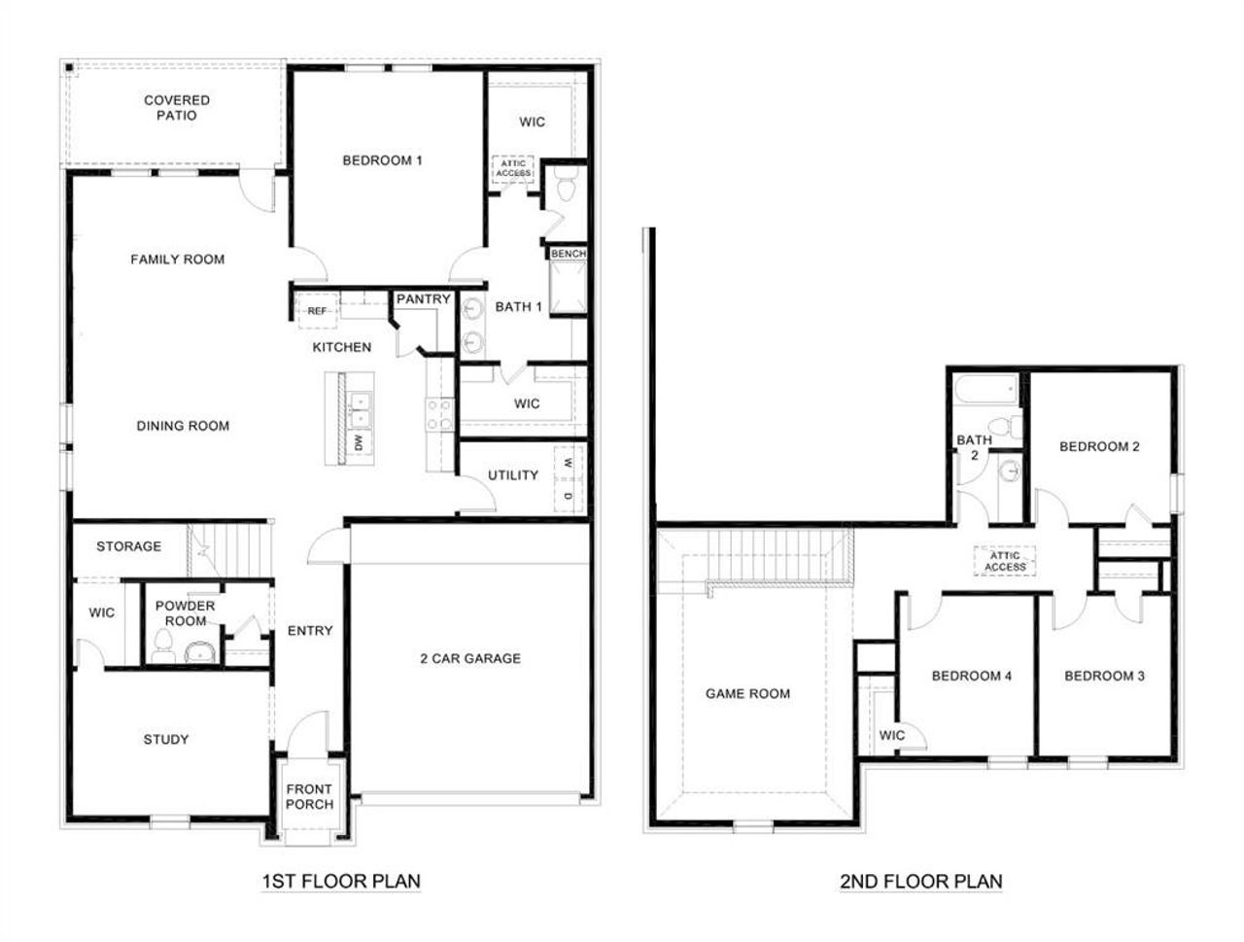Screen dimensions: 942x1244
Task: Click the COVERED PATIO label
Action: click(177, 108)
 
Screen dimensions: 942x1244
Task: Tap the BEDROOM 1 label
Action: click(382, 160)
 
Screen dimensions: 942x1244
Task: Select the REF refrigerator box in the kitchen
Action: click(317, 311)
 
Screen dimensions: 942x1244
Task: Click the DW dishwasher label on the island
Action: click(359, 443)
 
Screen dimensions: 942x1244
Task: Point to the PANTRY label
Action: click(423, 299)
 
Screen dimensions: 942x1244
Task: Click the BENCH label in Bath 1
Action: click(569, 254)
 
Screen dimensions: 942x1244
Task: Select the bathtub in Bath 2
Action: click(985, 391)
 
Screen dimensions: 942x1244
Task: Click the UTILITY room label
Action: click(512, 475)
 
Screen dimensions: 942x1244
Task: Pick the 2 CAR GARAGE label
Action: click(470, 659)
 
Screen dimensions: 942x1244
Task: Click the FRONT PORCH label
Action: click(309, 797)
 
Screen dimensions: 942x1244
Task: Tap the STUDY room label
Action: click(166, 740)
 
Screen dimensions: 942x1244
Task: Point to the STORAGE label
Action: click(128, 547)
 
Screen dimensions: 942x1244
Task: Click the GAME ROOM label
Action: click(747, 694)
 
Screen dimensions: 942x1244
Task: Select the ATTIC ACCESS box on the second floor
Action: click(1005, 562)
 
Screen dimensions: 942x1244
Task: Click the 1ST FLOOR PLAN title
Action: click(341, 882)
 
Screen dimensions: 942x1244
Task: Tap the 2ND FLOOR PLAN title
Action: click(920, 882)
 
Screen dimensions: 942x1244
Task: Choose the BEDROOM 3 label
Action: click(1104, 677)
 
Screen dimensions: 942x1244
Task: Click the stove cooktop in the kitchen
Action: click(439, 415)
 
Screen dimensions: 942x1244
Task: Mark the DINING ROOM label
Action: click(183, 426)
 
